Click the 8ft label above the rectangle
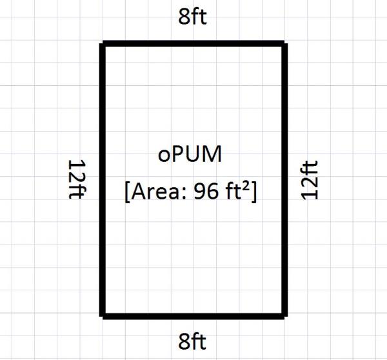193,17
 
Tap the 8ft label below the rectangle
193,340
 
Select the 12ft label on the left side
77,179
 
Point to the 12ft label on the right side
310,179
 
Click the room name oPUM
191,155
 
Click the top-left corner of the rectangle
103,44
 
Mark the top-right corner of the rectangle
283,44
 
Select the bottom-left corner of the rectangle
103,315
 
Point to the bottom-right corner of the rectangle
283,315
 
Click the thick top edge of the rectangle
193,44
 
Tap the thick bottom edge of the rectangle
193,315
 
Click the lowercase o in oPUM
163,157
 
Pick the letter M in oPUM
215,155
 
